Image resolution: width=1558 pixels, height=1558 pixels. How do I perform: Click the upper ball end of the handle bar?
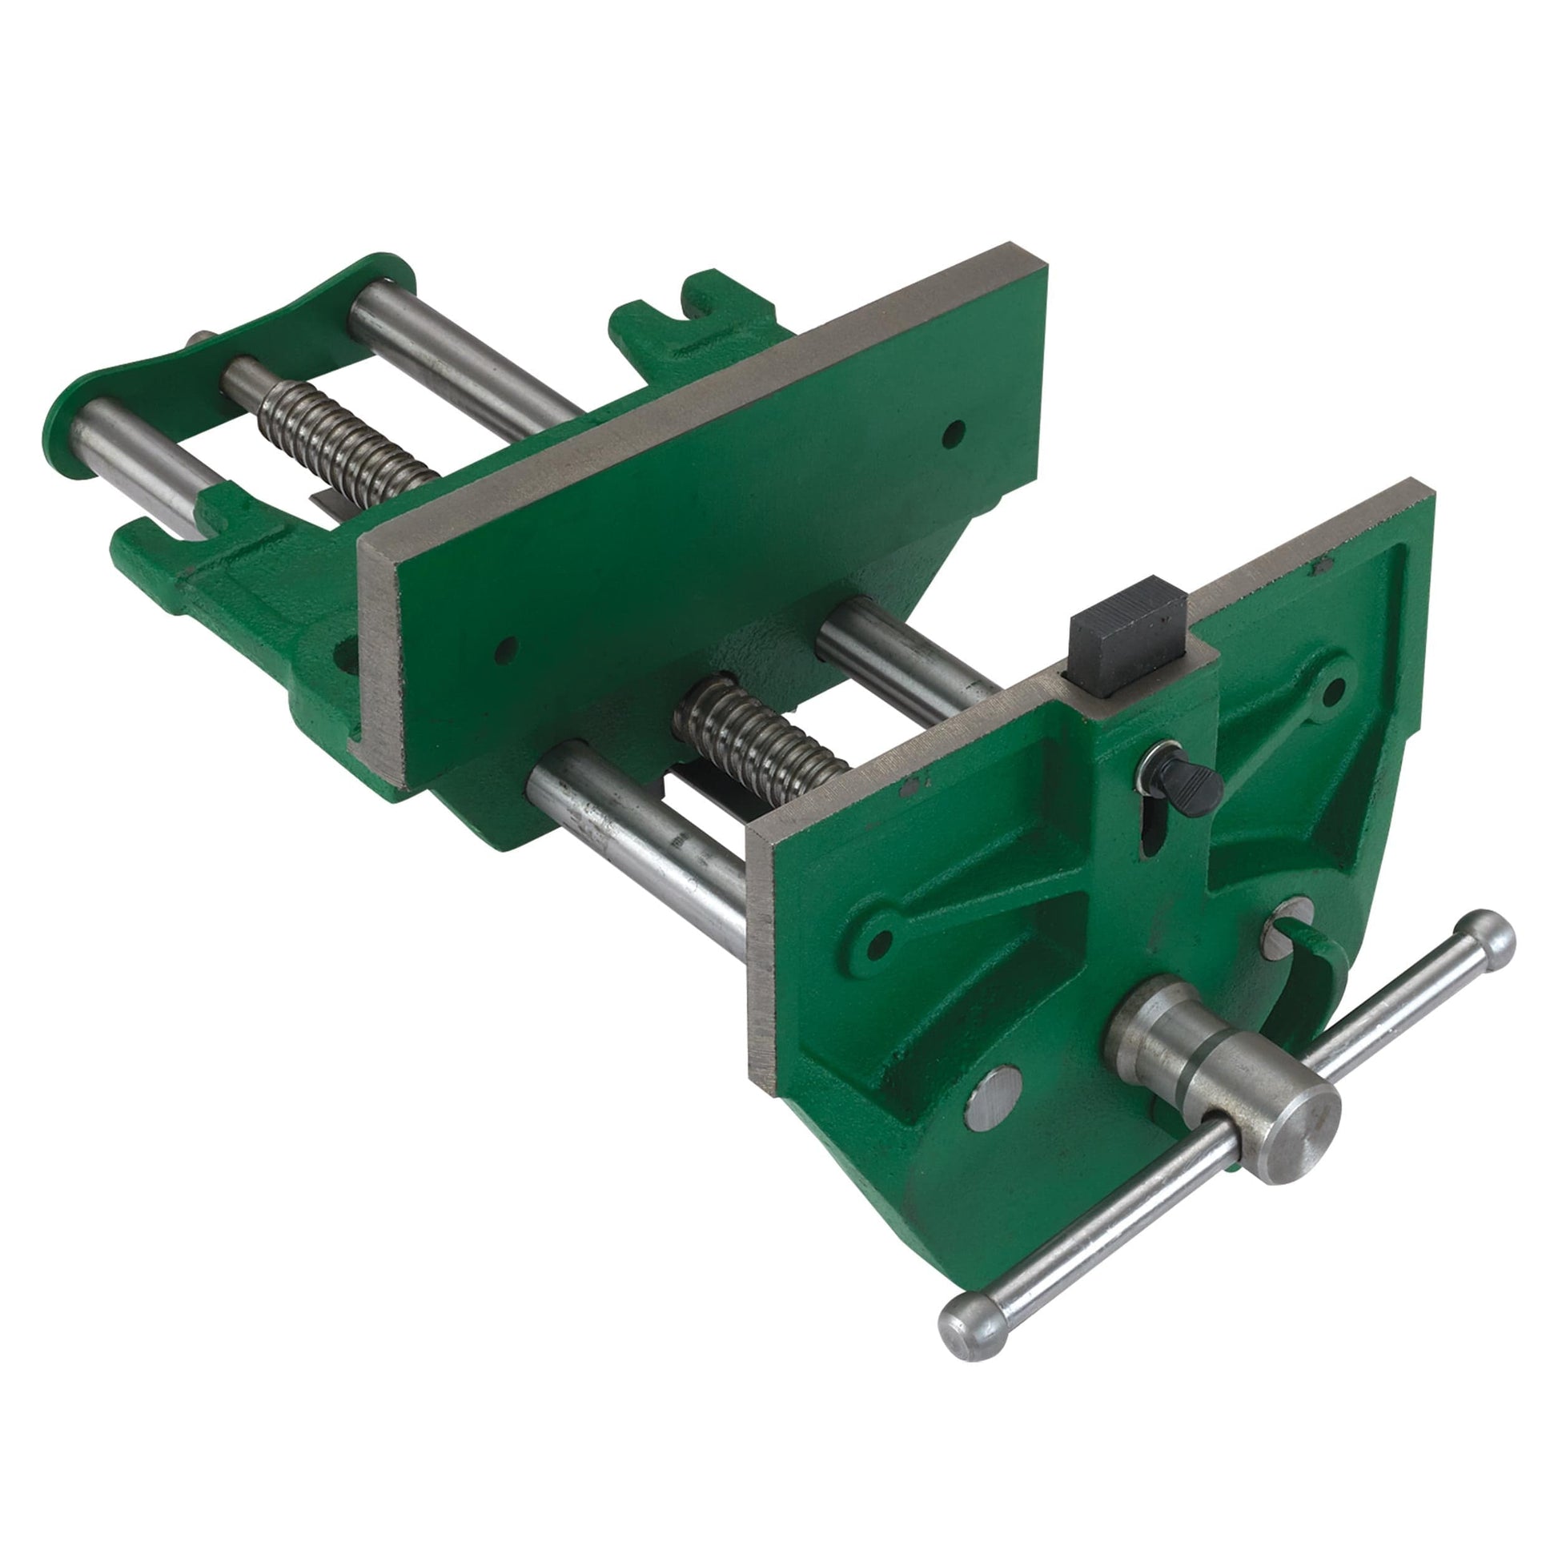tap(1486, 942)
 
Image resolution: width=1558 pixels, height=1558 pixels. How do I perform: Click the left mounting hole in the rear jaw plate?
tap(507, 646)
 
